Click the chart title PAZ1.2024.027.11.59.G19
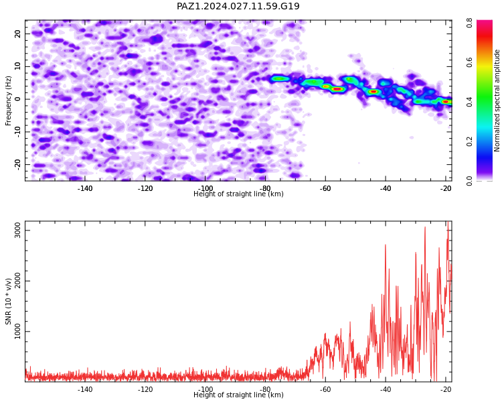point(238,6)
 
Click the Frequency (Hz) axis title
point(8,100)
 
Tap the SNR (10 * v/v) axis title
point(8,301)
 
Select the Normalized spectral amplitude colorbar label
point(497,100)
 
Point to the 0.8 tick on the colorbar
point(469,23)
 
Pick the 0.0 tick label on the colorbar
point(469,181)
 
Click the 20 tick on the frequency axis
point(17,33)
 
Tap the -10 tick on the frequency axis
point(17,132)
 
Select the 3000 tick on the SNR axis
point(17,230)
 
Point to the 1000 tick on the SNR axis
point(17,331)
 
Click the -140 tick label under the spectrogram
point(85,188)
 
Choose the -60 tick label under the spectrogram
point(325,188)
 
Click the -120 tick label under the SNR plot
point(145,389)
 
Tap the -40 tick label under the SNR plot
point(386,389)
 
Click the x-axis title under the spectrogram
point(238,194)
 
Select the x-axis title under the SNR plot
point(238,395)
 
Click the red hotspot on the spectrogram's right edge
point(446,102)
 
